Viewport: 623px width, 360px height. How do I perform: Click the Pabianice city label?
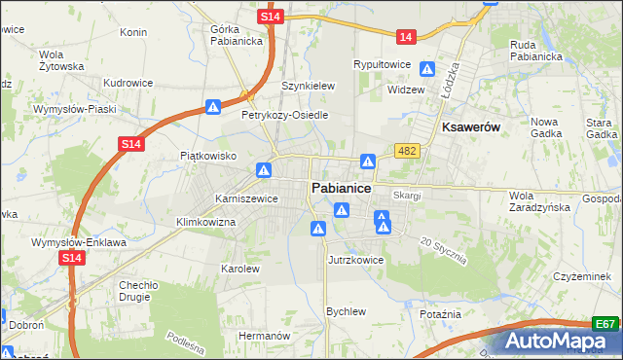339,188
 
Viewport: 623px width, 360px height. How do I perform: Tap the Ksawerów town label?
471,127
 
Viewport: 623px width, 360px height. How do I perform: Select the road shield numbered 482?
407,150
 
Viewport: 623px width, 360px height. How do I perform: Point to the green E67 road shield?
605,324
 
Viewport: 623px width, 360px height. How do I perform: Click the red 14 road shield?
406,37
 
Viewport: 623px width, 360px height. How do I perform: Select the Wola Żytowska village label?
61,59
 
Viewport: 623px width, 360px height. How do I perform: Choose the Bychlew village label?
346,311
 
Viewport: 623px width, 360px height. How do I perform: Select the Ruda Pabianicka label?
536,50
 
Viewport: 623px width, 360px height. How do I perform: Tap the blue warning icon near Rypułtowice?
426,68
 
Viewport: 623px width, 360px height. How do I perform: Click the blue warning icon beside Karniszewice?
263,170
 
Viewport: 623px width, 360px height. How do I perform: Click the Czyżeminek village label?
581,276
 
